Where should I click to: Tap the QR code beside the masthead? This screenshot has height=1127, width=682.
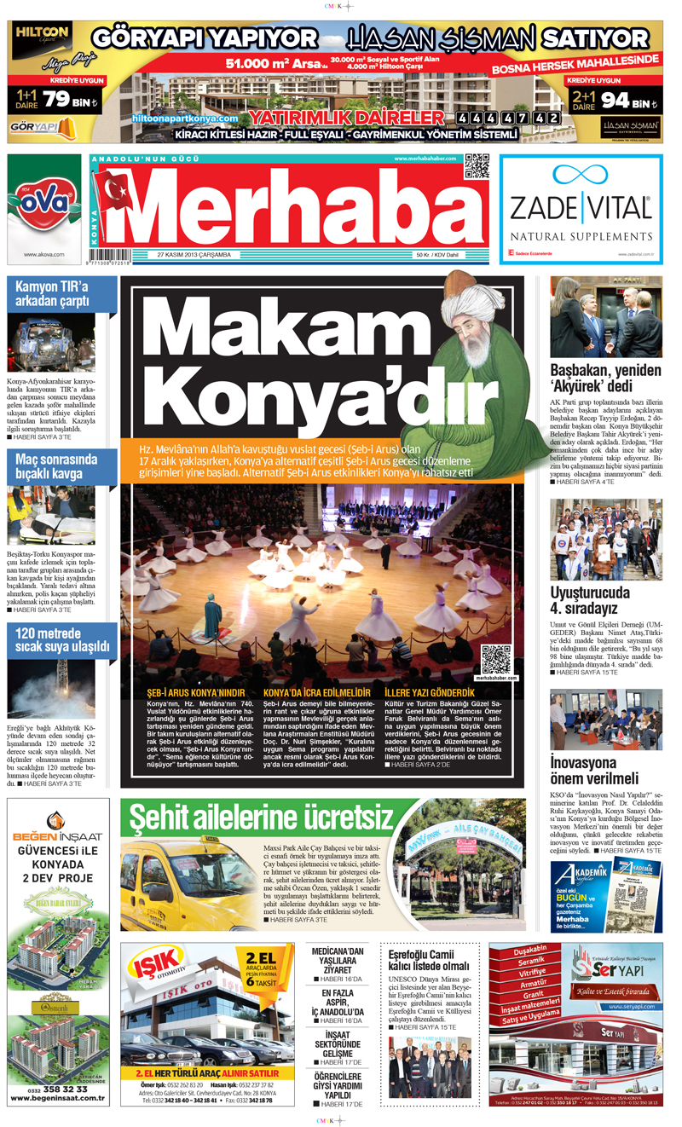[477, 166]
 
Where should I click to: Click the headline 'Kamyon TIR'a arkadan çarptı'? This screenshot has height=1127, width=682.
[53, 294]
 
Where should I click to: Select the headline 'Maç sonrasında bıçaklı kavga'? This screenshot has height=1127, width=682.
[53, 466]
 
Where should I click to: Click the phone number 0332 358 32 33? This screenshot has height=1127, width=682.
[59, 1089]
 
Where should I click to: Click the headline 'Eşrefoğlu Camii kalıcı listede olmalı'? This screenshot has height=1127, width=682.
[429, 960]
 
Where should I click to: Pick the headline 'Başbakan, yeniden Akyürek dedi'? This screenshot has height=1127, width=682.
[605, 379]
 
